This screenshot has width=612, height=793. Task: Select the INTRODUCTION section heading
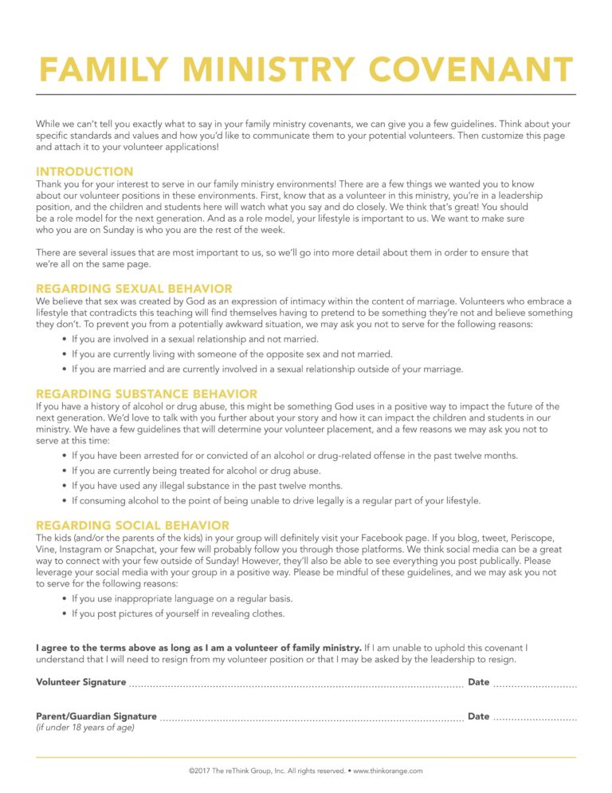coord(84,172)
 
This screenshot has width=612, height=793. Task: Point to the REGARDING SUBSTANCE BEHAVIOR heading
coord(147,394)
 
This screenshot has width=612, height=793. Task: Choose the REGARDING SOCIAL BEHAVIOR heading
coord(132,526)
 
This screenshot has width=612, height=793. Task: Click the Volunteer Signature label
coord(81,682)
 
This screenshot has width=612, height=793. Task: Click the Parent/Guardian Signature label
coord(96,716)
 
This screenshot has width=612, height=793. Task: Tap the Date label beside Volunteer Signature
coord(478,682)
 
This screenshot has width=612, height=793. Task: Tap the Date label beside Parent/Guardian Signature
coord(478,716)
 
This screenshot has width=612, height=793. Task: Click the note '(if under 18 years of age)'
coord(85,728)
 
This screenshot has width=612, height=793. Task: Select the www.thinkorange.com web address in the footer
coord(387,771)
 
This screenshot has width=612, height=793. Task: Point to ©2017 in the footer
coord(199,771)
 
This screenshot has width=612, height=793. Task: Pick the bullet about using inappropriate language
coord(182,598)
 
